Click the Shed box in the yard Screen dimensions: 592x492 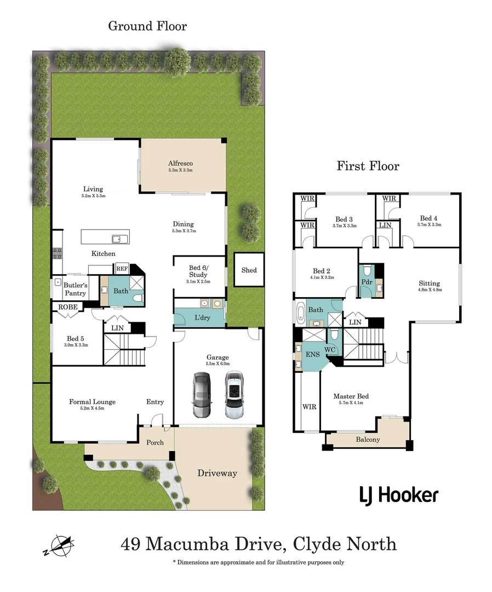click(249, 270)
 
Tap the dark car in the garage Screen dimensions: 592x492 click(201, 396)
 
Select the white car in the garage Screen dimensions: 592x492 click(234, 396)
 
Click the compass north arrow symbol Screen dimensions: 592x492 click(58, 545)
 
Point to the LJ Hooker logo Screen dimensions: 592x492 click(399, 496)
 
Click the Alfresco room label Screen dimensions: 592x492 click(180, 163)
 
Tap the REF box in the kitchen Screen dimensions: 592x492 click(121, 269)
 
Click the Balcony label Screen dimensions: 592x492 click(368, 440)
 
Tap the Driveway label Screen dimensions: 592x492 click(217, 473)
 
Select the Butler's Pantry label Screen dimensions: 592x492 click(75, 289)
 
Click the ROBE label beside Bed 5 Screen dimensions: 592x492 click(67, 308)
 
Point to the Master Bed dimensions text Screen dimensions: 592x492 click(351, 403)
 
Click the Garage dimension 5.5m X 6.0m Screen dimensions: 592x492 click(218, 364)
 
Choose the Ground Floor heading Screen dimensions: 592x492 click(147, 26)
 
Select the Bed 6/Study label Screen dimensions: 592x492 click(198, 271)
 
